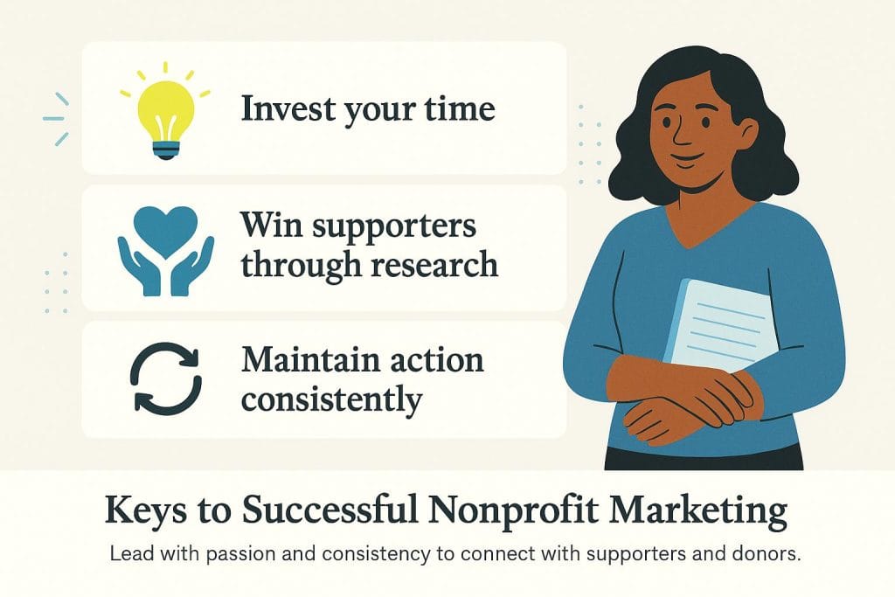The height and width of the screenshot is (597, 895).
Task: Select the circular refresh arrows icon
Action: pyautogui.click(x=166, y=382)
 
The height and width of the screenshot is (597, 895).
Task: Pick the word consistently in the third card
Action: pyautogui.click(x=331, y=399)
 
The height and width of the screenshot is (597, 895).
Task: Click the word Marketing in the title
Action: pyautogui.click(x=689, y=511)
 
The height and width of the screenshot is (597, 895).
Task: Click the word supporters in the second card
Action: pyautogui.click(x=401, y=226)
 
